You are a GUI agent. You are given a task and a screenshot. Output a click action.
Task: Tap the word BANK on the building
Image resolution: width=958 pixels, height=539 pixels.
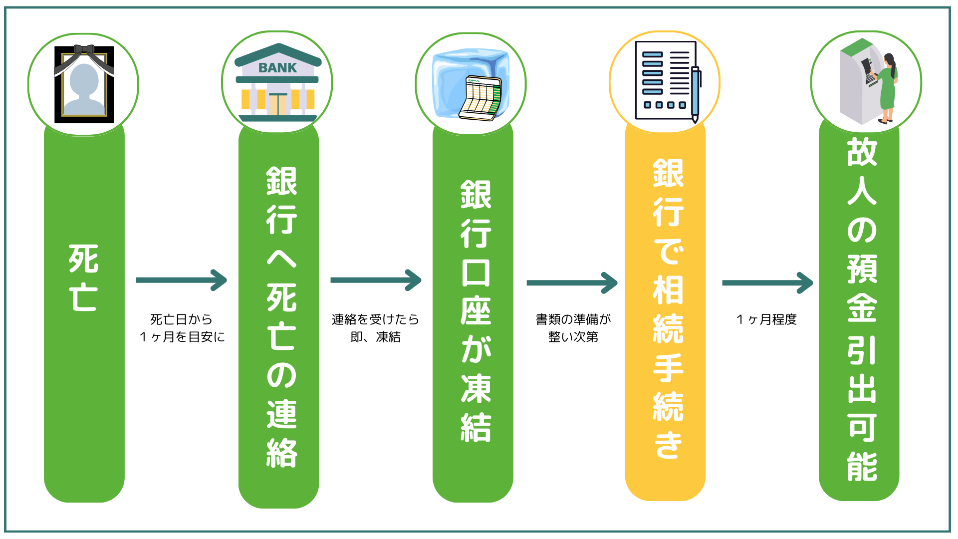(277, 68)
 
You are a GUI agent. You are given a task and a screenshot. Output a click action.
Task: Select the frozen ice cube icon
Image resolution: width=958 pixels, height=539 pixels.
(471, 84)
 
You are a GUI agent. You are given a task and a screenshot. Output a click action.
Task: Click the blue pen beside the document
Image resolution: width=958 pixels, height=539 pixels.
(695, 94)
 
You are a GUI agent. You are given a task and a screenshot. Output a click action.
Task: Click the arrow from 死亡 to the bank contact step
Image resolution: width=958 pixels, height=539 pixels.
(182, 280)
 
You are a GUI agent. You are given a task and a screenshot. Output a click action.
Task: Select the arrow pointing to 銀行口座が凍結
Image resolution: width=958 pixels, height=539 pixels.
(376, 280)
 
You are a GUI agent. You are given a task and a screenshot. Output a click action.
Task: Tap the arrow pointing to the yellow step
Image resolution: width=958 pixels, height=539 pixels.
(572, 283)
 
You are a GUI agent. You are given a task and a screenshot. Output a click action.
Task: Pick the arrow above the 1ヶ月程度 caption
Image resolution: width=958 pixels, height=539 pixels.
(767, 283)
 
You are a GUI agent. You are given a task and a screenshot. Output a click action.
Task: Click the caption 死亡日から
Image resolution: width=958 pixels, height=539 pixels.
(182, 319)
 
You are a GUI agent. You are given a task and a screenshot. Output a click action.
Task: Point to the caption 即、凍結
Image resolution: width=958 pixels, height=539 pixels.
(376, 337)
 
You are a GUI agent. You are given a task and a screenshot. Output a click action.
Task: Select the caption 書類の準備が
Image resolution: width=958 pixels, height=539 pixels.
(573, 319)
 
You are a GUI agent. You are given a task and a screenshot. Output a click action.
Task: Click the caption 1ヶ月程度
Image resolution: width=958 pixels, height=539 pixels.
(767, 319)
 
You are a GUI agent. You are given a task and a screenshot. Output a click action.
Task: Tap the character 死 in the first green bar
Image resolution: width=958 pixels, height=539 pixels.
(83, 259)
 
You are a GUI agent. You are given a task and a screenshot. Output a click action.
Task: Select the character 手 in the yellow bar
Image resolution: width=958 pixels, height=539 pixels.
(668, 368)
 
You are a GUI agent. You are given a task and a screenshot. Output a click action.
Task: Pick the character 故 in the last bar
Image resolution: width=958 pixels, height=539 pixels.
(862, 152)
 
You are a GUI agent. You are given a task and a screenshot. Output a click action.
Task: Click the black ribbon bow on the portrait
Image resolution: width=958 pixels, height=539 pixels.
(84, 50)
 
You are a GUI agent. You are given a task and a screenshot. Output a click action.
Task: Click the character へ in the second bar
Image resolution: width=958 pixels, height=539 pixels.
(281, 259)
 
